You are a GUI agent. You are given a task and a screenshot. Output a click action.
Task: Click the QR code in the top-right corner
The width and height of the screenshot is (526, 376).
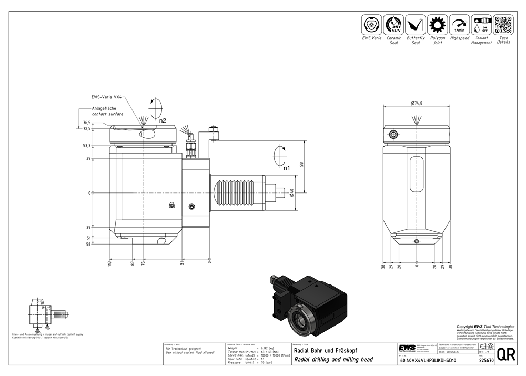(x=503, y=25)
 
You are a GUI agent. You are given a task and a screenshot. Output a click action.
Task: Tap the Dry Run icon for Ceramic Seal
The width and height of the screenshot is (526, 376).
(x=393, y=25)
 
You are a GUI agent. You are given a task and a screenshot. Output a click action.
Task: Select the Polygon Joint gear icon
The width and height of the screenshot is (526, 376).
(x=437, y=25)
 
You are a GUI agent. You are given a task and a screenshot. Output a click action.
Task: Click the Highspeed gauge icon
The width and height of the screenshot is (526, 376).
(x=459, y=25)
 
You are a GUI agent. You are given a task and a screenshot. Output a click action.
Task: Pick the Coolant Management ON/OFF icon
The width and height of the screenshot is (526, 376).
(x=481, y=25)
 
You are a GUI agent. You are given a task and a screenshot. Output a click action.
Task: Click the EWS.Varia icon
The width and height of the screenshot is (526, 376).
(x=371, y=25)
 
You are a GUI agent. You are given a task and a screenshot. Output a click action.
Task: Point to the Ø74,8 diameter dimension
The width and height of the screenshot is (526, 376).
(x=417, y=103)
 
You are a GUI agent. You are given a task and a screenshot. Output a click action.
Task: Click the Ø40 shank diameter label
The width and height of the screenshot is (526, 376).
(x=292, y=194)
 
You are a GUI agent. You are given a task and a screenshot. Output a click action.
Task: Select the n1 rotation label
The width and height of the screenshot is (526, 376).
(x=287, y=168)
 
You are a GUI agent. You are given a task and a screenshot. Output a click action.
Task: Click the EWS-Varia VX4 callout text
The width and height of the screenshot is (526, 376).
(x=107, y=97)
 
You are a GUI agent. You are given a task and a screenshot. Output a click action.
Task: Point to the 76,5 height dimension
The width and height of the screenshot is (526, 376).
(x=87, y=123)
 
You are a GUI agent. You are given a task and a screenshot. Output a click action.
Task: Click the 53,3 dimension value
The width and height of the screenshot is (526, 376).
(x=87, y=145)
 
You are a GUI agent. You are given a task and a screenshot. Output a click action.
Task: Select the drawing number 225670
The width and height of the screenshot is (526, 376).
(x=487, y=361)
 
